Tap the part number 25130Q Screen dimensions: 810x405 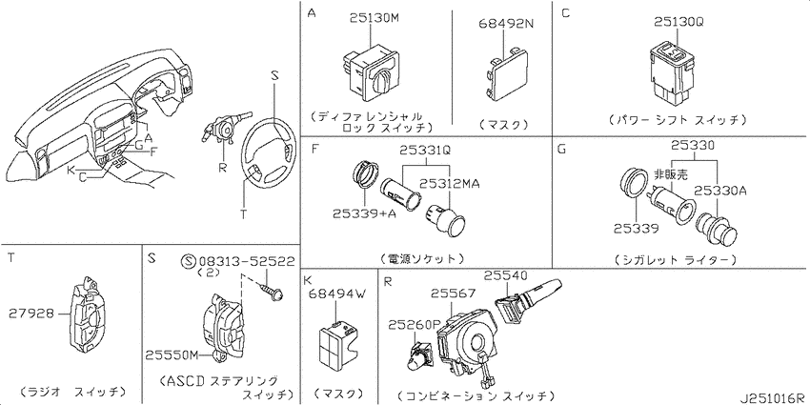click(679, 22)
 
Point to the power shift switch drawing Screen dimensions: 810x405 click(671, 71)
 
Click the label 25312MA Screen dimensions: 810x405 click(449, 183)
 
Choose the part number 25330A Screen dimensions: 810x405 click(720, 191)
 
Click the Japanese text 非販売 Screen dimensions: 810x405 click(671, 174)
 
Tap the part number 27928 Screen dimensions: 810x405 click(30, 313)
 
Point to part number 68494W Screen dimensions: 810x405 click(336, 294)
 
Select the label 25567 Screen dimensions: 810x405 click(453, 294)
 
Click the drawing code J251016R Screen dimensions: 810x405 click(774, 398)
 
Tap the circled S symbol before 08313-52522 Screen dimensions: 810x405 click(189, 262)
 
